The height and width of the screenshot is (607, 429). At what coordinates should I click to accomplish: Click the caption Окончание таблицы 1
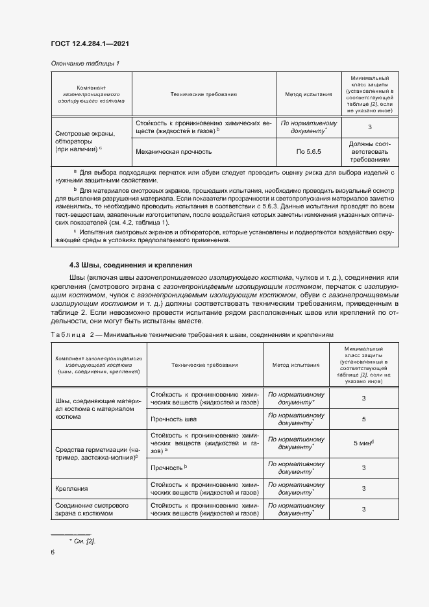coord(84,63)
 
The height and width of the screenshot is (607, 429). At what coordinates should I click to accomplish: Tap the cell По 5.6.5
coord(308,151)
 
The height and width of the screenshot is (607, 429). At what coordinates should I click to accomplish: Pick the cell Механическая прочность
coord(173,151)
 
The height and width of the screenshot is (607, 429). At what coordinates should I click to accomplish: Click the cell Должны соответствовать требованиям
coord(369,151)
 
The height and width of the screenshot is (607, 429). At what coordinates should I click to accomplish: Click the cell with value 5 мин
coord(363,443)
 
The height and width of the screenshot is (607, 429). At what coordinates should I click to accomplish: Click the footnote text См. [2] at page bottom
coord(86,541)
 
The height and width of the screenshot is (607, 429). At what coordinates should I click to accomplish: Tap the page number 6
coord(53,552)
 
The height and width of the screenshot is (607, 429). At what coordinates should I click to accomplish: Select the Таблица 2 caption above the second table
coord(192,334)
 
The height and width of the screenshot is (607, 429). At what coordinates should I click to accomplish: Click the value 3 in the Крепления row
coord(363,489)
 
